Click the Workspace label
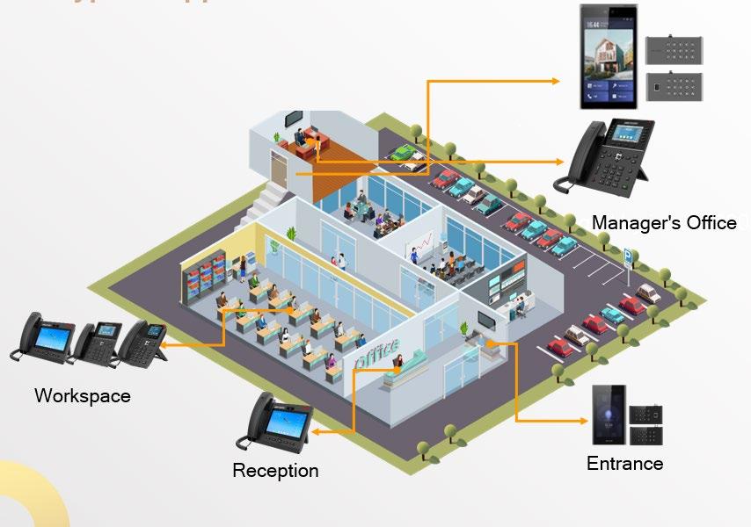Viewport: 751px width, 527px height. tap(82, 395)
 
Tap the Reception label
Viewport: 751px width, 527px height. tap(275, 471)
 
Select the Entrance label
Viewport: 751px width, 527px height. tap(624, 463)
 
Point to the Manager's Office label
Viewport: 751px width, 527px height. tap(664, 223)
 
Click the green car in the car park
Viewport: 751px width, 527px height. tap(402, 154)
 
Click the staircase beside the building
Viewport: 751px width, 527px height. tap(269, 199)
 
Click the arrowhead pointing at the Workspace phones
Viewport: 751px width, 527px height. tap(164, 345)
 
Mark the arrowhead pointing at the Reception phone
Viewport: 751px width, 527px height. tap(314, 431)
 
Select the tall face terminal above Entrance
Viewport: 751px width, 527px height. tap(608, 414)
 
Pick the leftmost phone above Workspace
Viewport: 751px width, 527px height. tap(41, 338)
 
